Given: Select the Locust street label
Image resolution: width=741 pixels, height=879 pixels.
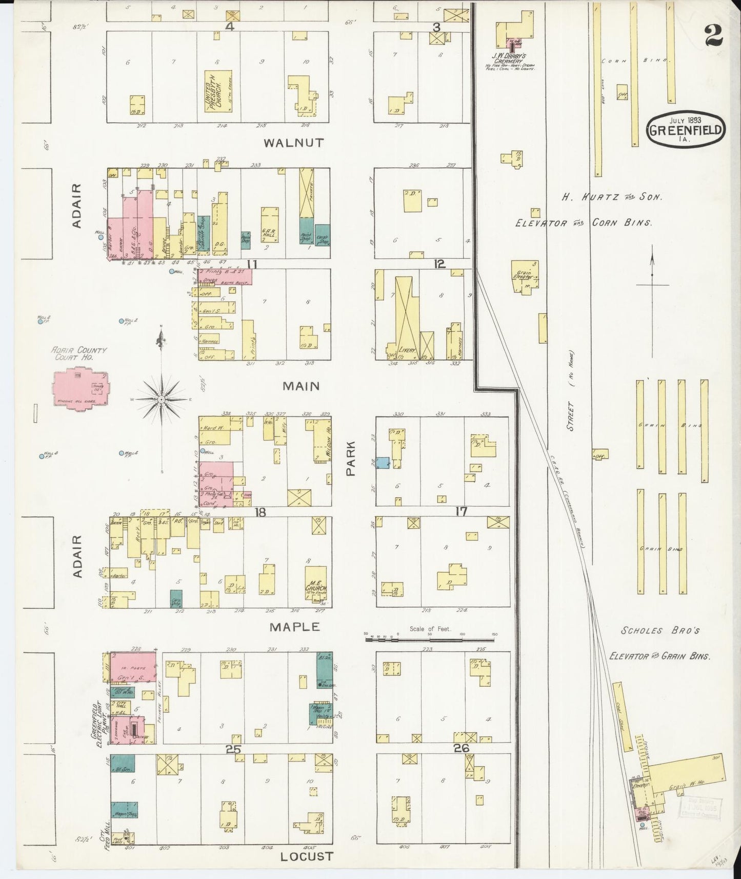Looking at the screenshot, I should [307, 856].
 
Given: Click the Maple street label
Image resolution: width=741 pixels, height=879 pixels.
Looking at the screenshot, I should [295, 627].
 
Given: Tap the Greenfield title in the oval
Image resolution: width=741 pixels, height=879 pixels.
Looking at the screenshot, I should [686, 129].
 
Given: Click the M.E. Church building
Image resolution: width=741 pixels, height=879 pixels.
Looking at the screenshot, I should [315, 584].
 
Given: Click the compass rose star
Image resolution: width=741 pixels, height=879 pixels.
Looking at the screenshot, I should [162, 398].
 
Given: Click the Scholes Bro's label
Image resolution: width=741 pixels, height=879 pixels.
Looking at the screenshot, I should [660, 631].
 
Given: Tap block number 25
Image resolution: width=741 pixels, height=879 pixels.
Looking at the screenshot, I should [233, 749].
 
